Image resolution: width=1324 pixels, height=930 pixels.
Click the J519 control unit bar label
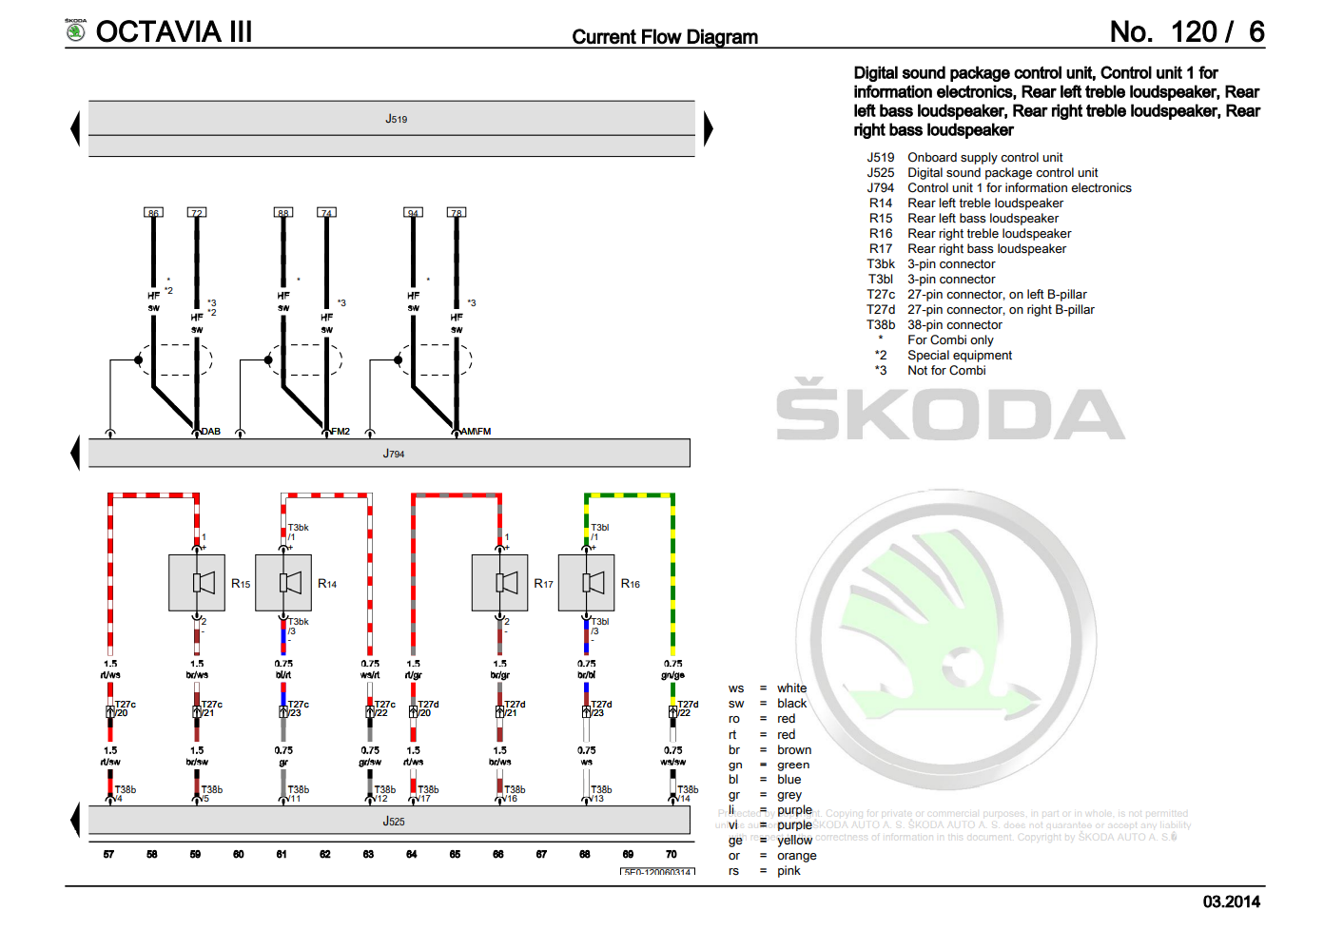click(x=396, y=119)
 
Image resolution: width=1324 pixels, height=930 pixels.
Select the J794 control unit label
click(x=394, y=454)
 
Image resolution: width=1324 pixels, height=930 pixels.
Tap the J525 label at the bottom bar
click(x=394, y=821)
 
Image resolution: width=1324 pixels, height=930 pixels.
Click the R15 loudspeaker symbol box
click(x=197, y=583)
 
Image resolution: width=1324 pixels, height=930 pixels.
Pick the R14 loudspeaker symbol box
click(x=283, y=583)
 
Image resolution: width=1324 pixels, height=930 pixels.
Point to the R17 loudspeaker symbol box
click(x=499, y=583)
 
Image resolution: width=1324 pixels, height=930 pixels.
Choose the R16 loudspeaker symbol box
click(x=586, y=583)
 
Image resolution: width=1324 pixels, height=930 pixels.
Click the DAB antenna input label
click(x=211, y=432)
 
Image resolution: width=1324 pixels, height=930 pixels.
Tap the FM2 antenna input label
click(x=341, y=432)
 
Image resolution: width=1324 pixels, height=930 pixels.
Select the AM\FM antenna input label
click(x=477, y=432)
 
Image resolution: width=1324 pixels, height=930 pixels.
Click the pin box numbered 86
click(x=153, y=212)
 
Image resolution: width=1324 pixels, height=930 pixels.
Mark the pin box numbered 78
click(x=457, y=212)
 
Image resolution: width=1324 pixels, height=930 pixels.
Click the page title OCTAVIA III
click(x=174, y=31)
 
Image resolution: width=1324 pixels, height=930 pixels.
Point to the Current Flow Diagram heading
click(x=665, y=37)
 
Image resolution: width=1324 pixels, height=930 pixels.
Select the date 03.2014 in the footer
click(x=1232, y=901)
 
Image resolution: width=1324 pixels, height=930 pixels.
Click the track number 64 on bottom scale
click(x=412, y=854)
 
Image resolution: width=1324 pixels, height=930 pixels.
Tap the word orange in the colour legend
click(x=796, y=856)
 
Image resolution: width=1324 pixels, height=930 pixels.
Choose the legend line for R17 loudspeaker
click(x=986, y=249)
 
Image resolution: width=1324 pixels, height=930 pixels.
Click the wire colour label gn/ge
click(x=672, y=675)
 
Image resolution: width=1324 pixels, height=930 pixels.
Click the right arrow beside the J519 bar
click(x=708, y=128)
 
